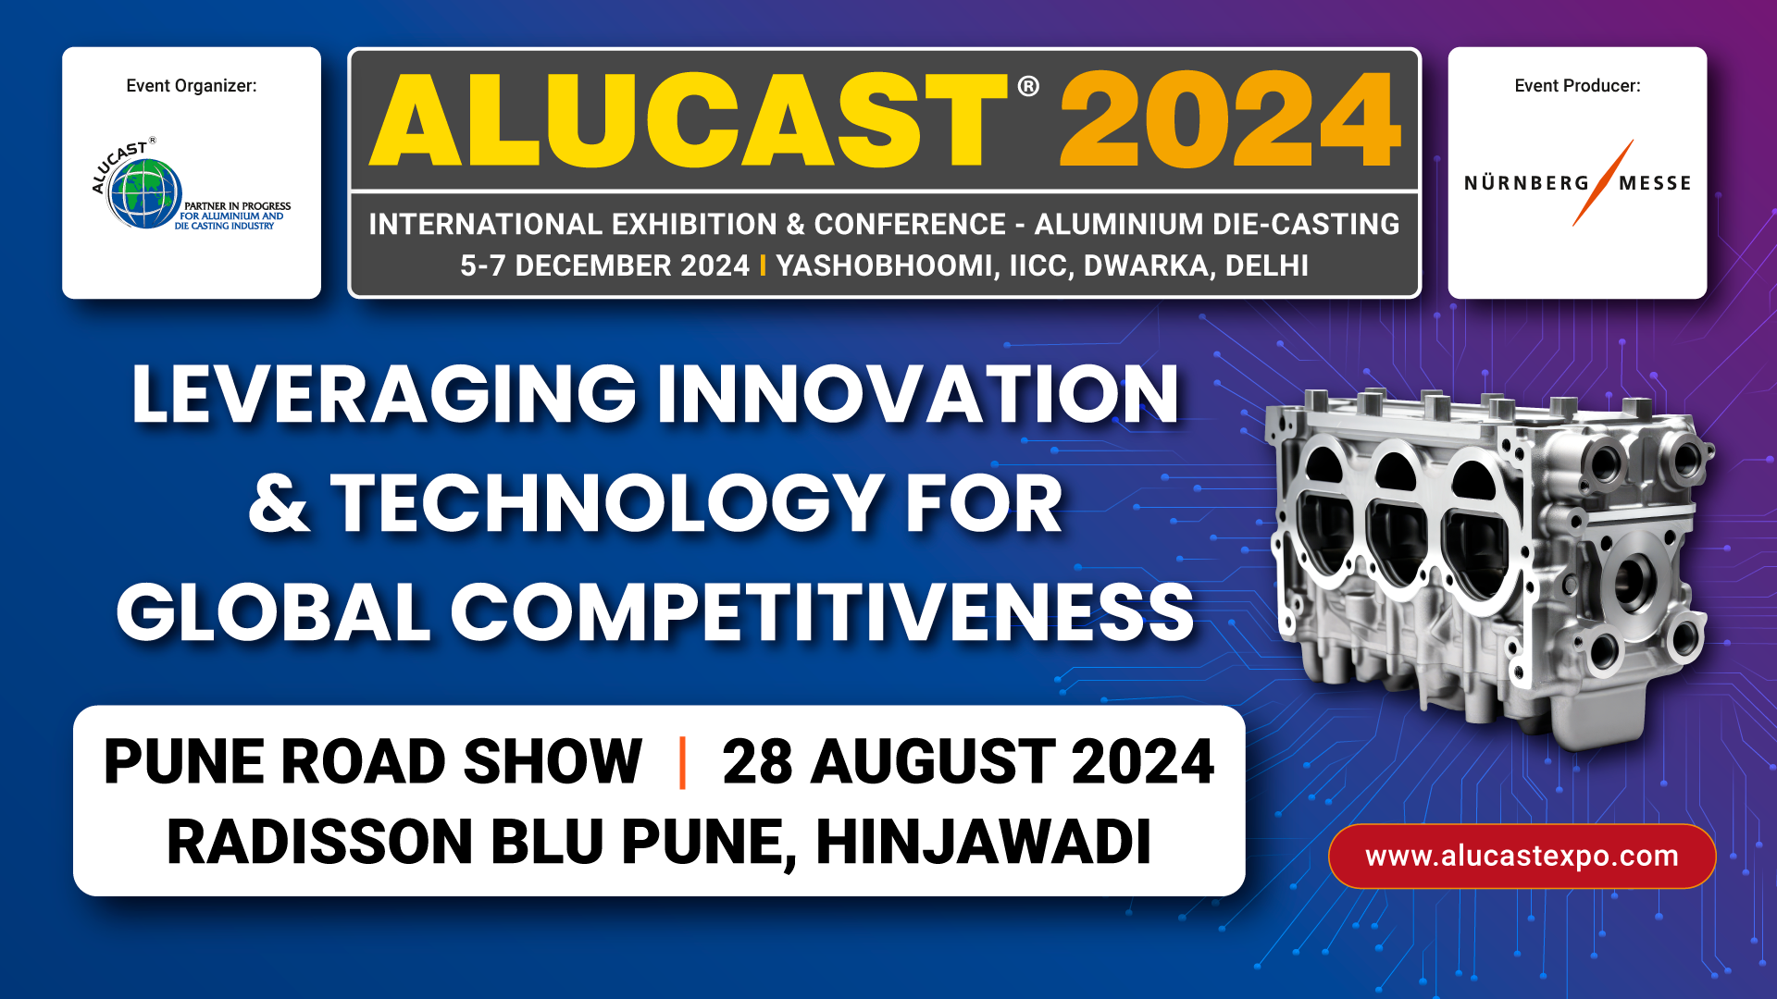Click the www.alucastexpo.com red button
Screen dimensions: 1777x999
[1522, 856]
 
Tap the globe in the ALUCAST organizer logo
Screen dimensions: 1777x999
[143, 193]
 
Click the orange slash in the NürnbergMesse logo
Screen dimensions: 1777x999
[1603, 182]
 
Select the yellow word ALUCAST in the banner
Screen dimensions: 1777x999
[689, 120]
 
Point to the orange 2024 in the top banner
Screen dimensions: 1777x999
[1230, 120]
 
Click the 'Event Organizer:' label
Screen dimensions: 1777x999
[192, 86]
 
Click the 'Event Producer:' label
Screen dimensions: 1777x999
[1577, 86]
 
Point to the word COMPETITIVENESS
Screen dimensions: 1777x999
[822, 612]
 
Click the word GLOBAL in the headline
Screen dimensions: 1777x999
[274, 612]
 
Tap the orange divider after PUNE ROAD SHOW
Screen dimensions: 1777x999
[682, 762]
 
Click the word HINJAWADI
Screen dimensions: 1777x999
[983, 842]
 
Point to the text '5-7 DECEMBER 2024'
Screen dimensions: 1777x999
[604, 265]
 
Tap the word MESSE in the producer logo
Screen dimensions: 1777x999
[1655, 183]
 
